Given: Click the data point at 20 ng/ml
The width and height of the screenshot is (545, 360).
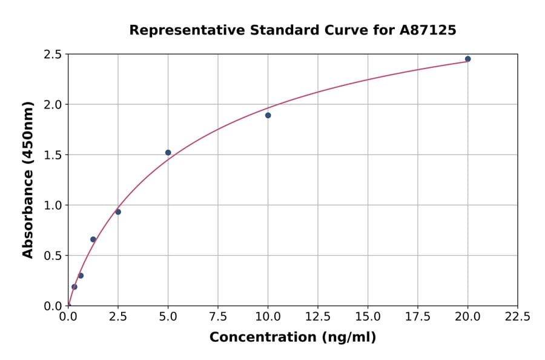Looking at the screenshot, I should pos(467,59).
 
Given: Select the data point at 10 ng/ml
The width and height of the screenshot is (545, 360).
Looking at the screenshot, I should pos(268,115).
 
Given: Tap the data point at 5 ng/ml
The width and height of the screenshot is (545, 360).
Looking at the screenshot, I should pos(168,153).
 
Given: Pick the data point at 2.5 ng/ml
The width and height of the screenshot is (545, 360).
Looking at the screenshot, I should pos(118,212).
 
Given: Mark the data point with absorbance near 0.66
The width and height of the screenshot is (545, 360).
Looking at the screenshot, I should pos(93,239).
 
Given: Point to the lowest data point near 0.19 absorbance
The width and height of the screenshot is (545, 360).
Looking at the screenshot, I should pos(74,287).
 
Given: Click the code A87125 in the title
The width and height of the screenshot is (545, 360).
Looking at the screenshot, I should pos(428,30).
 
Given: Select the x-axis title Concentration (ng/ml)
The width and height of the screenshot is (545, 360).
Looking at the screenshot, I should pos(292,338).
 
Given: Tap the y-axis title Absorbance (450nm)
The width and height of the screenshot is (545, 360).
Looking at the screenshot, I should pos(28,180).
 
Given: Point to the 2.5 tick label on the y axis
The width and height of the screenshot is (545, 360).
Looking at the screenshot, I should pos(53,55).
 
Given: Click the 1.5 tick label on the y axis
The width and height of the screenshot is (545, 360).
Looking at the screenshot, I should pos(53,155).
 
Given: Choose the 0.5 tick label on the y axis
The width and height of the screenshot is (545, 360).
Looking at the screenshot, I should pos(53,256).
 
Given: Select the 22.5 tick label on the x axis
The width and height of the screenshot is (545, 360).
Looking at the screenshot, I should pos(517,316).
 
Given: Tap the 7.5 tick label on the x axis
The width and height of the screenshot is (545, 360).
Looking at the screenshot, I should pos(218,316).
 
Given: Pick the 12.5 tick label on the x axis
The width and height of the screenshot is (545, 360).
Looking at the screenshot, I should pos(318,316).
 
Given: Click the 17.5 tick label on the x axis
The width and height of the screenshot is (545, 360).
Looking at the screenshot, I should pos(418,316).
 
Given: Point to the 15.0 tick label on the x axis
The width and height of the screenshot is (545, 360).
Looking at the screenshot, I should pos(368,316).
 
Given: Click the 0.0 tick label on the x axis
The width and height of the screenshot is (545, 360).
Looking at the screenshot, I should pos(68,316).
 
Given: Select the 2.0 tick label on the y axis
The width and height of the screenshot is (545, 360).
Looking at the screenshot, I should pos(53,105).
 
